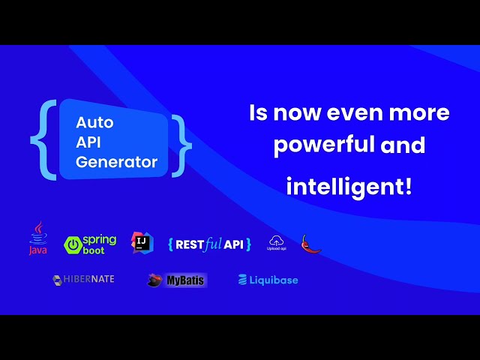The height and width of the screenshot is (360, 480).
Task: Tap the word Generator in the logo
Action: click(117, 162)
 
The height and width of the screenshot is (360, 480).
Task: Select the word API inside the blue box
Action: click(88, 142)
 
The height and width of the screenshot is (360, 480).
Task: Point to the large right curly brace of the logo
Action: click(180, 145)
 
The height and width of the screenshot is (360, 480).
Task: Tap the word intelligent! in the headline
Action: click(349, 185)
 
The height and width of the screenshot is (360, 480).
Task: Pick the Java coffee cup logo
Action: click(37, 238)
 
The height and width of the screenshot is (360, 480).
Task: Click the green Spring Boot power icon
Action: click(73, 244)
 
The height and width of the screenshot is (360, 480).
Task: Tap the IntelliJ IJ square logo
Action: click(142, 242)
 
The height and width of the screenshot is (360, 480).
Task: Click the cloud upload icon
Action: click(277, 241)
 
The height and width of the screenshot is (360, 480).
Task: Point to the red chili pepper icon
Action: click(310, 244)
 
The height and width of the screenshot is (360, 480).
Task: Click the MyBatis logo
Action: click(177, 280)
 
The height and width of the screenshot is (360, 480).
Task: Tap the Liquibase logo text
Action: click(268, 280)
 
